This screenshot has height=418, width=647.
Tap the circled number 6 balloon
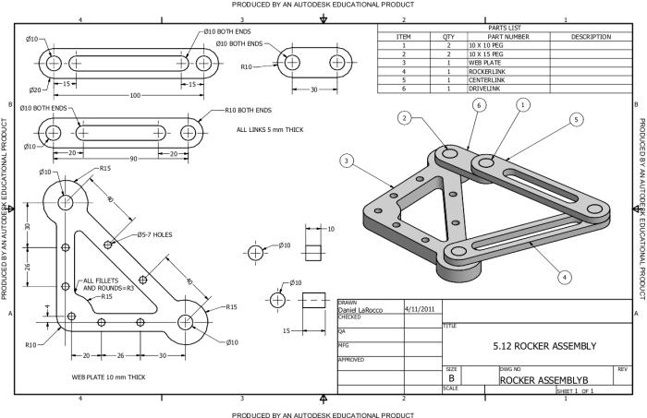[x=478, y=106]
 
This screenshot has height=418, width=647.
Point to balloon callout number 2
[x=404, y=117]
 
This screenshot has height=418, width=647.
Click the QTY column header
[x=449, y=37]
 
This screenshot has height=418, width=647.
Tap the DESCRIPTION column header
[x=591, y=37]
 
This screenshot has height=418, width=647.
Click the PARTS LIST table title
[x=504, y=29]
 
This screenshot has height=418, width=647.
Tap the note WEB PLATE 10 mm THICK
[x=109, y=377]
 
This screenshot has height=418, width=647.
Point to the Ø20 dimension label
[x=34, y=90]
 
